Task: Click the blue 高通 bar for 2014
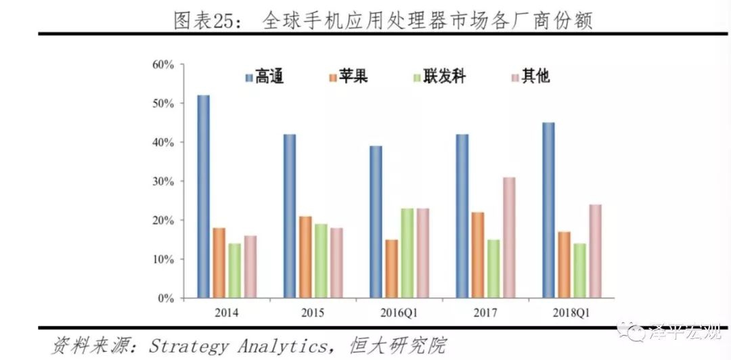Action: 203,196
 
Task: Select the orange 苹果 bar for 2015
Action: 306,257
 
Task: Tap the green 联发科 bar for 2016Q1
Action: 407,253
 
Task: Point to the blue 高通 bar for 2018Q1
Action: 548,210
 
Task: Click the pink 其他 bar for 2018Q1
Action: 596,251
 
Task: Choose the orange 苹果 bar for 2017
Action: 478,255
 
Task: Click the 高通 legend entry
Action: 263,76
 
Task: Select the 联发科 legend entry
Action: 439,76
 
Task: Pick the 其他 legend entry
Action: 530,76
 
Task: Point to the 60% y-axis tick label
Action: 163,65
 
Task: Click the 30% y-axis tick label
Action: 163,181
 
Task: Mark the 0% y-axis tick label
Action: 167,298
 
